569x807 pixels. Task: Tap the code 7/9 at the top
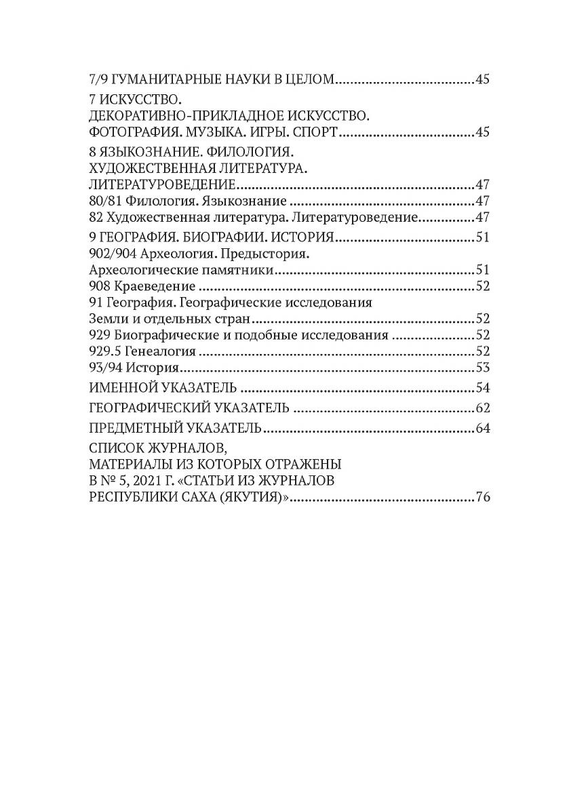(98, 79)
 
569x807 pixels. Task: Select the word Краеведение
(155, 286)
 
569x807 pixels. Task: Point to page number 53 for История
(483, 368)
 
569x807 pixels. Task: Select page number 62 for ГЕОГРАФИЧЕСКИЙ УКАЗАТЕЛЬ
(483, 408)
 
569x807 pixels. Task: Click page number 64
(483, 429)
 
